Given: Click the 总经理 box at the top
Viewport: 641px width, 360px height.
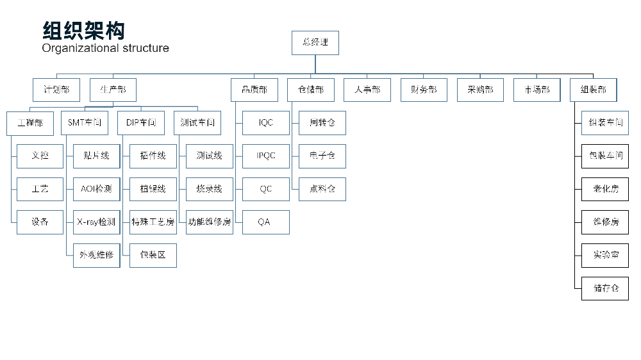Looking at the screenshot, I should click(x=315, y=42).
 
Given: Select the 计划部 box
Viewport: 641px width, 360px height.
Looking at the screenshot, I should click(x=56, y=90).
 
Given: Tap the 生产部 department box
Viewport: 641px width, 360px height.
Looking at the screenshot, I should click(x=113, y=90).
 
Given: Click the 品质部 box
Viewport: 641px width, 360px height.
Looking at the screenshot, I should click(x=254, y=90).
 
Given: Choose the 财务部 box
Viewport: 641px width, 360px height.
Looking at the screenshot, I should click(x=424, y=90).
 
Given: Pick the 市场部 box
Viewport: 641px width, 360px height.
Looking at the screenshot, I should click(x=537, y=90).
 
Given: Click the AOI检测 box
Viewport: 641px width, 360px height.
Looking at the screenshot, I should click(x=96, y=189).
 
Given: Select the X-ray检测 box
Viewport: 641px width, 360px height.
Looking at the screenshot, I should click(x=96, y=222).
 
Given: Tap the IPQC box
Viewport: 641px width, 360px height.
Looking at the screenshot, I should click(x=266, y=156).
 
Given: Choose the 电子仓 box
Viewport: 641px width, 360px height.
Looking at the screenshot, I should click(x=322, y=156).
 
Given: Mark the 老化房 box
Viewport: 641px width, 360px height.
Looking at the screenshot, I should click(x=605, y=189).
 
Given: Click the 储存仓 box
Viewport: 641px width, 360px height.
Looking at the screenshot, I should click(x=605, y=288).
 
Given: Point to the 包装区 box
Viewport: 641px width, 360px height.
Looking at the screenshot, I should click(x=153, y=255).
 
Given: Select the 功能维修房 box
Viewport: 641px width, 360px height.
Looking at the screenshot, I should click(x=210, y=222).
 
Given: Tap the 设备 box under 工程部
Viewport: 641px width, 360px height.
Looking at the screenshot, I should click(x=40, y=222).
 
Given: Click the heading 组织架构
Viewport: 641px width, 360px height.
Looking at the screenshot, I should click(x=83, y=31).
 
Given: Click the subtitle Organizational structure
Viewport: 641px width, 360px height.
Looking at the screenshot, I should click(x=106, y=48).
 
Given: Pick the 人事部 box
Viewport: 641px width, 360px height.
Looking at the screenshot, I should click(x=367, y=90).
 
